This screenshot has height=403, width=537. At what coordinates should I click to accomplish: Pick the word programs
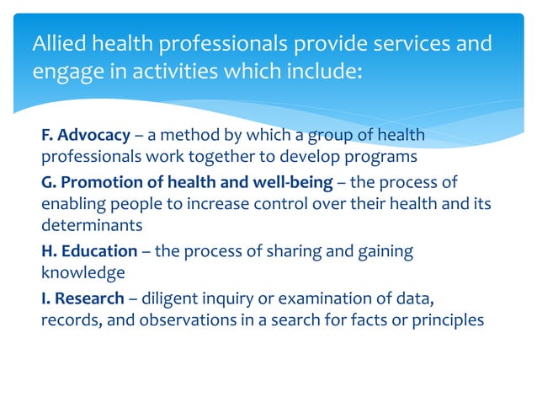pyautogui.click(x=389, y=158)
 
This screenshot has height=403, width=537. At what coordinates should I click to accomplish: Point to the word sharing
pyautogui.click(x=284, y=250)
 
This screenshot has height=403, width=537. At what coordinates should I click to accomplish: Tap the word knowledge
pyautogui.click(x=83, y=273)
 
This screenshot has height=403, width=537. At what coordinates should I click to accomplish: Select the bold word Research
pyautogui.click(x=91, y=297)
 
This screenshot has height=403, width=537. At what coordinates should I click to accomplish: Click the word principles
pyautogui.click(x=449, y=320)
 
